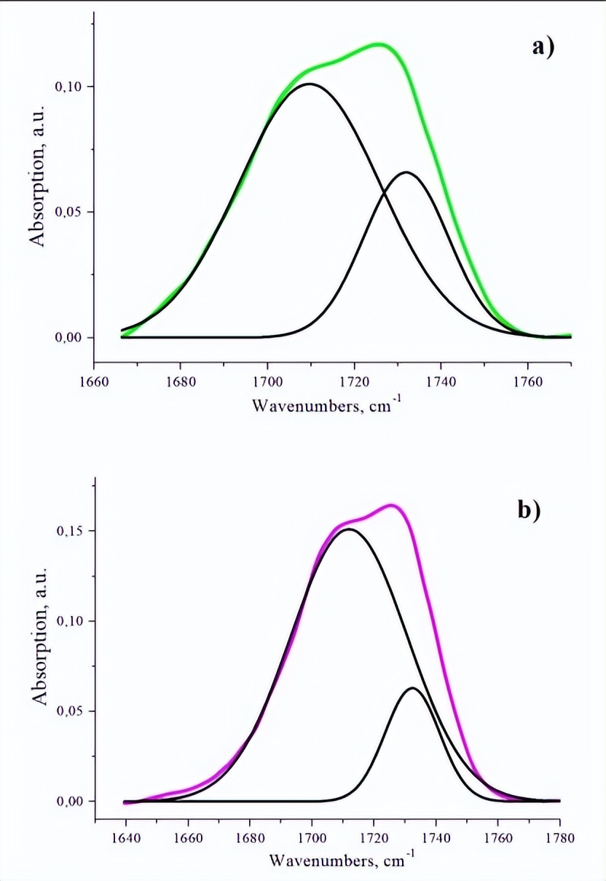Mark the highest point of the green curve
[x=380, y=44]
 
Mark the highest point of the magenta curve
[x=391, y=505]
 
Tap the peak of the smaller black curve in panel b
[x=413, y=688]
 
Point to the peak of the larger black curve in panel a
[x=310, y=84]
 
